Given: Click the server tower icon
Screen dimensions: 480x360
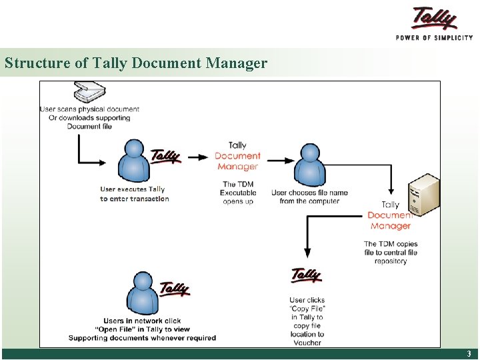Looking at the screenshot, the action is point(425,193).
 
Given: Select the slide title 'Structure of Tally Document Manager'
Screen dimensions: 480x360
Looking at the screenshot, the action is point(136,63).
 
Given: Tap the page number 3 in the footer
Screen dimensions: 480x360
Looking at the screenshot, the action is point(469,354).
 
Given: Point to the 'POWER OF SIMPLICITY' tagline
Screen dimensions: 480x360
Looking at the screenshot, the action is point(434,37).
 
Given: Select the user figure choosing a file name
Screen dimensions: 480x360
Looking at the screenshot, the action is point(310,165).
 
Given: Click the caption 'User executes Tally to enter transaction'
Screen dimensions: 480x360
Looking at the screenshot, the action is point(134,194).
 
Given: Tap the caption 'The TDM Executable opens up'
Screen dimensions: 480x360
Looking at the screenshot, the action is point(238,193).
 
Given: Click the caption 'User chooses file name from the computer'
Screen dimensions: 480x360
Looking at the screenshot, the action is point(309,197).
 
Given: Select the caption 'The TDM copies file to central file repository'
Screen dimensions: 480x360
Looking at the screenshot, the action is point(391,252).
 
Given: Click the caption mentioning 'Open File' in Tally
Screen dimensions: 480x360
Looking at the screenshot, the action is point(142,329).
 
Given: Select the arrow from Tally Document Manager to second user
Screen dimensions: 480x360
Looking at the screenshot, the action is point(280,160).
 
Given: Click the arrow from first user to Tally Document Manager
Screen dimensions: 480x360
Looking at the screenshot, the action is point(199,157).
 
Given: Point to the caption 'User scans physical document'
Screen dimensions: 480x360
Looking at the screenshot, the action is point(89,117).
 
